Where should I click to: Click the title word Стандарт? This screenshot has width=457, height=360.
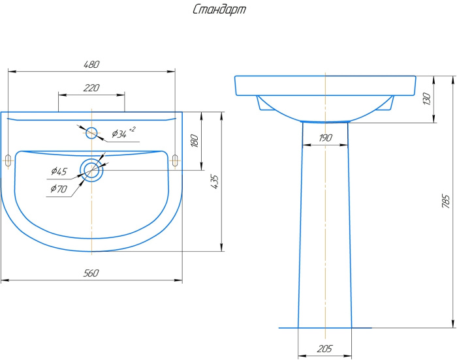pos(219,10)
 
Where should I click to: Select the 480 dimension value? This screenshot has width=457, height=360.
pos(91,65)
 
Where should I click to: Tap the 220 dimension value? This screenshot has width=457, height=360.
pos(91,87)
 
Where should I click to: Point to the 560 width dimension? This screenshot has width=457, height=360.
pos(91,273)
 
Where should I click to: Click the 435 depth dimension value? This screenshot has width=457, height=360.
pos(214,182)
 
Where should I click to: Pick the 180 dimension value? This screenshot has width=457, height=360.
pos(194,140)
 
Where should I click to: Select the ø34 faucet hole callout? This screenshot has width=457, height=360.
pos(119,134)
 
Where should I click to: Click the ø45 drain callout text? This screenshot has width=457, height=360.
pos(59,171)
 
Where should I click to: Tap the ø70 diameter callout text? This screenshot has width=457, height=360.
pos(59,188)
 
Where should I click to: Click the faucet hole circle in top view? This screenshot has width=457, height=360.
pos(91,133)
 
